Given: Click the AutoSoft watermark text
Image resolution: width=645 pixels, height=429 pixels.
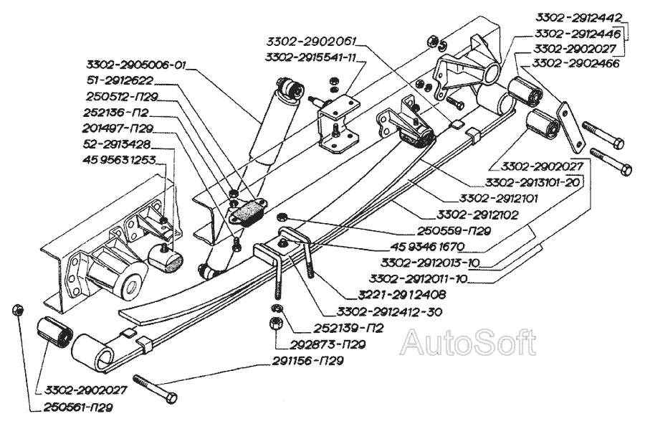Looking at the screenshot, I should coord(468,343).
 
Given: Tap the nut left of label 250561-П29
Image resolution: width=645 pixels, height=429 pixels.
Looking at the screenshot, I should coord(17,309).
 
